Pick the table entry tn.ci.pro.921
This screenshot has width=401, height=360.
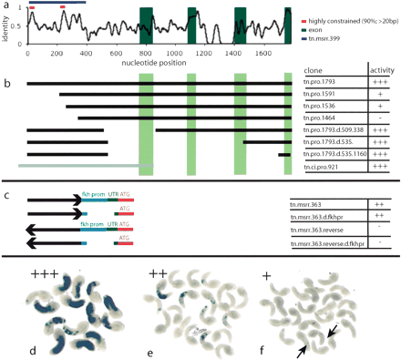click(332, 166)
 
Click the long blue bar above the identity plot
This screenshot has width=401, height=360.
click(56, 3)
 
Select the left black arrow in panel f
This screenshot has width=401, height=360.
click(299, 339)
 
